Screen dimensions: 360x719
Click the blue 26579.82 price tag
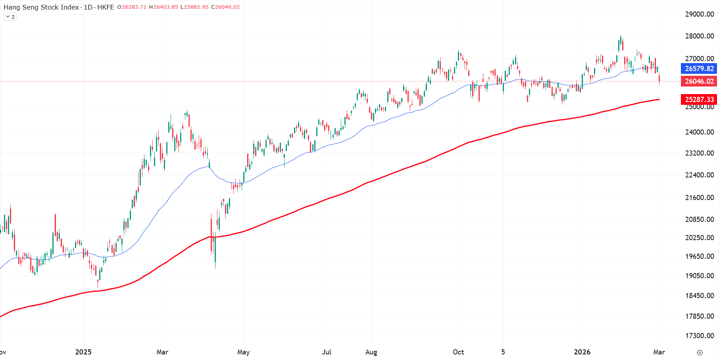pos(699,69)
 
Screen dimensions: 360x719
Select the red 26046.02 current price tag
pos(699,81)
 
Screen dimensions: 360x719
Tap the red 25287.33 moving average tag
pos(699,99)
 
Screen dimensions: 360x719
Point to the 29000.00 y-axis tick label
pos(699,14)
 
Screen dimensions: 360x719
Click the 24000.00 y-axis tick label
pos(699,132)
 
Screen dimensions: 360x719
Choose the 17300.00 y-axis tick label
pos(699,336)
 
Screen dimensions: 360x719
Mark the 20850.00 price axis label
pos(699,219)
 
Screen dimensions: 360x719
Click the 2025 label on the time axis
pos(83,352)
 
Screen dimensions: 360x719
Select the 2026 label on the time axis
pos(582,352)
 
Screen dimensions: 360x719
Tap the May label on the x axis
pos(243,352)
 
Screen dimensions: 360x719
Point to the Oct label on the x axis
pos(458,352)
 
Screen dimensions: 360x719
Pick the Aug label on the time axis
pos(371,352)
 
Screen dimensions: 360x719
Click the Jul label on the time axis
pos(327,352)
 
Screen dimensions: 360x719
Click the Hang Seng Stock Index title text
pos(41,7)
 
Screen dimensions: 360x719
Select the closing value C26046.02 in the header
pos(225,7)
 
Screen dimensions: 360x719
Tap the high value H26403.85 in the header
pos(163,7)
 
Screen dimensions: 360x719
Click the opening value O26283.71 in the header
pos(132,7)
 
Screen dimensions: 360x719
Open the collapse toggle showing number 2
pos(10,17)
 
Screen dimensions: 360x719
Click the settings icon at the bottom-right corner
pos(700,352)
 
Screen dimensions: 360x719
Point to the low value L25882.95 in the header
pos(194,7)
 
